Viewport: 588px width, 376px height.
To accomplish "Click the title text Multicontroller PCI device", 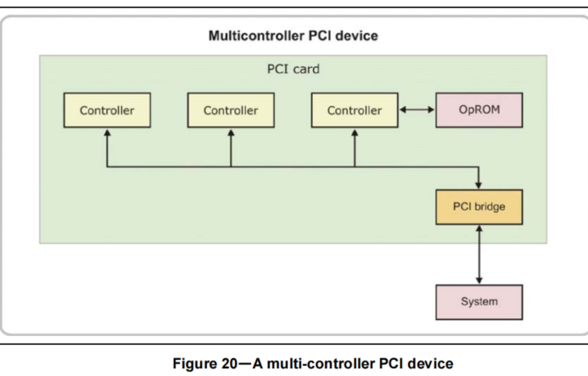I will click(x=293, y=36).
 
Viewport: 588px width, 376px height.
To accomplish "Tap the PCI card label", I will click(x=293, y=69).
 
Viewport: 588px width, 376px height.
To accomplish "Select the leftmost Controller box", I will click(x=107, y=110).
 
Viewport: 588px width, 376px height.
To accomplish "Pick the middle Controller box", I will click(x=231, y=110).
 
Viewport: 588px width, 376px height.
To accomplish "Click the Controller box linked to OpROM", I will click(x=355, y=110).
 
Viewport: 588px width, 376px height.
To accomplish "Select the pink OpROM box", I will click(x=479, y=110).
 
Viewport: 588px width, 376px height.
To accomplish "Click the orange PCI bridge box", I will click(x=479, y=207).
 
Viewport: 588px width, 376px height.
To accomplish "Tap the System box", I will click(x=479, y=301).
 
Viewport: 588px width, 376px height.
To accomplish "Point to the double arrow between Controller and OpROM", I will click(x=417, y=110).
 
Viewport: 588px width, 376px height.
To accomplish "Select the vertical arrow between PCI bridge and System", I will click(x=479, y=255).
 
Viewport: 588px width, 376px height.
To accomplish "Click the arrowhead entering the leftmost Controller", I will click(x=107, y=133).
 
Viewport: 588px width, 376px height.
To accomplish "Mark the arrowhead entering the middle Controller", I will click(x=231, y=133).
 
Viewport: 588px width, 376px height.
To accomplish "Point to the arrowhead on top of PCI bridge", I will click(x=479, y=185).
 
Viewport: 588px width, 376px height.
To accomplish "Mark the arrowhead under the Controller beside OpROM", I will click(x=355, y=133).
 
